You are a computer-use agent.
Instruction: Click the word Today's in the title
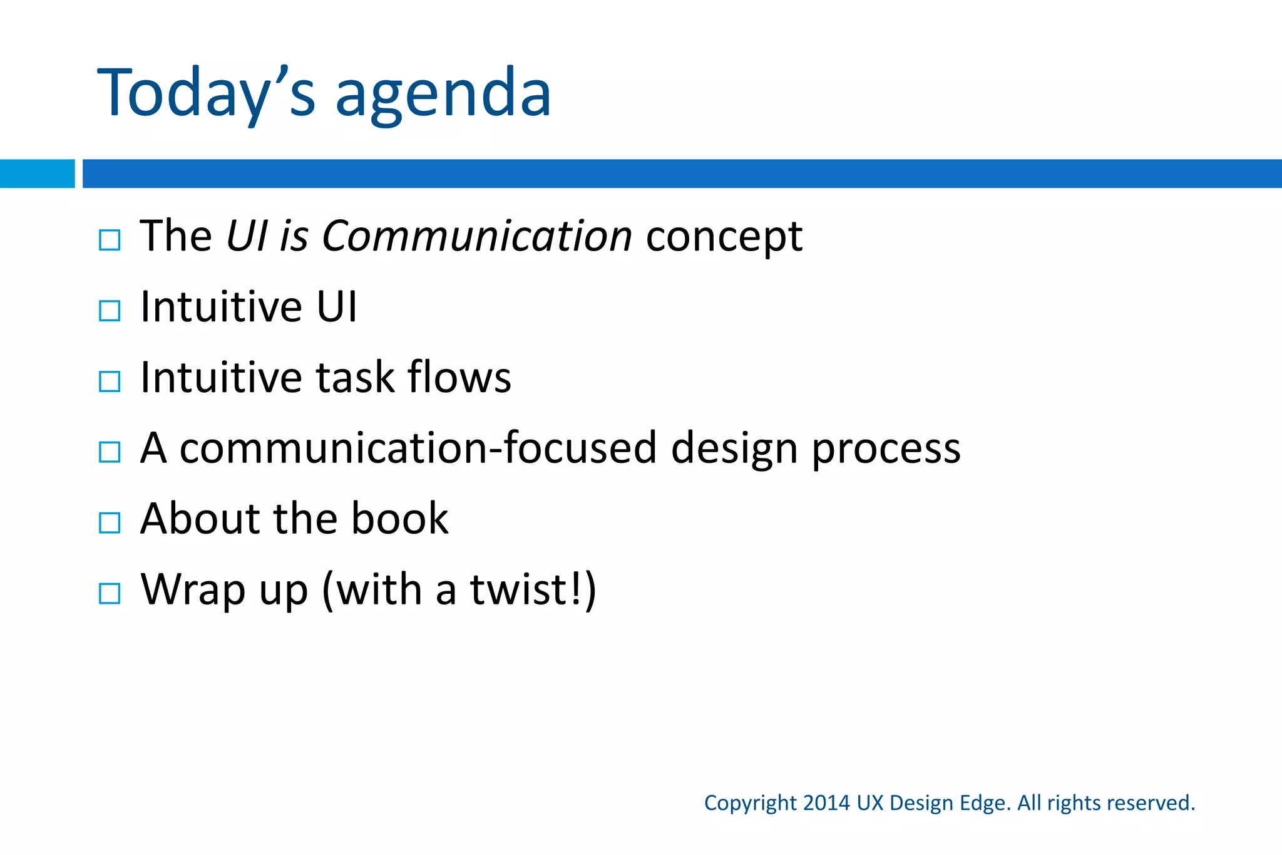(207, 94)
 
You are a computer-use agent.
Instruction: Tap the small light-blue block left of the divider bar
(37, 174)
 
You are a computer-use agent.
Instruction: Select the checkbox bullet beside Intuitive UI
(110, 311)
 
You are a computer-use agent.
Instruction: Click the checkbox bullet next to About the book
(110, 522)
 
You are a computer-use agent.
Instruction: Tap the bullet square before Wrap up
(110, 593)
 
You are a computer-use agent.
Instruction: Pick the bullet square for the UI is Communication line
(110, 240)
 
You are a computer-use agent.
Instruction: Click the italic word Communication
(476, 237)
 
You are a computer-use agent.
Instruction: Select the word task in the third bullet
(354, 378)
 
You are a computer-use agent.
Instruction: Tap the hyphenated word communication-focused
(418, 448)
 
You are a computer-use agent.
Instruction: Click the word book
(399, 519)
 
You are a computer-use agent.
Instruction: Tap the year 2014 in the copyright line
(826, 803)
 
